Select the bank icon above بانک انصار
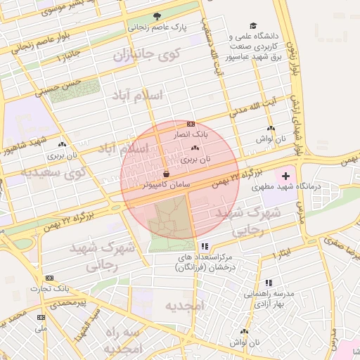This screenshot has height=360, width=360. coord(191,124)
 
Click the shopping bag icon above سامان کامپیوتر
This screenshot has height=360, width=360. coord(166,173)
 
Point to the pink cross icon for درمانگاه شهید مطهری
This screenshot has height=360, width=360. coord(286,174)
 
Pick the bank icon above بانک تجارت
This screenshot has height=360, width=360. coord(49,278)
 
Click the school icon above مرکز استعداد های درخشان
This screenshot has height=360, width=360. coord(205,246)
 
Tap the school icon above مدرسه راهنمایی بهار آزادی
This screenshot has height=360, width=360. coord(269,283)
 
